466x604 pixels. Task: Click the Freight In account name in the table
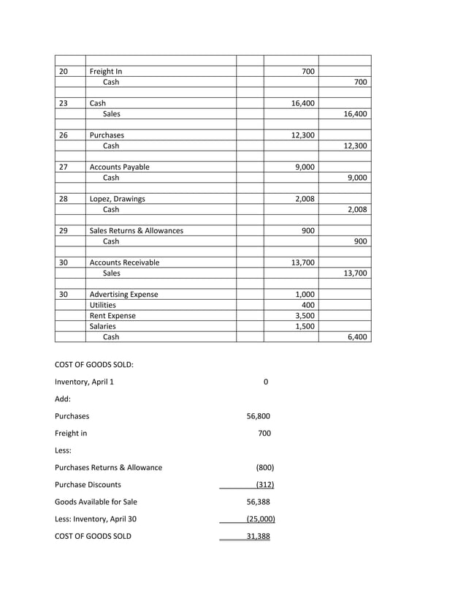click(106, 72)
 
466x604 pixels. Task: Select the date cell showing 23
click(64, 104)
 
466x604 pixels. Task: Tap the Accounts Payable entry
click(119, 167)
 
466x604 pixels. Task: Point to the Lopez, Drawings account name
click(117, 199)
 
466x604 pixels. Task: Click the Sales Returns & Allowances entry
click(136, 230)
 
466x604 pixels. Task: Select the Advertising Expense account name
click(123, 295)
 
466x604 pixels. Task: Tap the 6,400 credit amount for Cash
click(357, 337)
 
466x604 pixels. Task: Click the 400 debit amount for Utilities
click(308, 305)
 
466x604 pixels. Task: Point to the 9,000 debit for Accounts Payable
click(304, 167)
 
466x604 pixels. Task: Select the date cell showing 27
click(64, 167)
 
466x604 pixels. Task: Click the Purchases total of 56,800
click(259, 416)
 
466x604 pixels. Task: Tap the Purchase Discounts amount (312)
click(264, 485)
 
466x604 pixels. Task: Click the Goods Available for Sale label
click(96, 502)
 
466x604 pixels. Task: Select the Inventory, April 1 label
click(84, 382)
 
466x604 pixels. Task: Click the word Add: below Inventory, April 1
click(64, 399)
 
